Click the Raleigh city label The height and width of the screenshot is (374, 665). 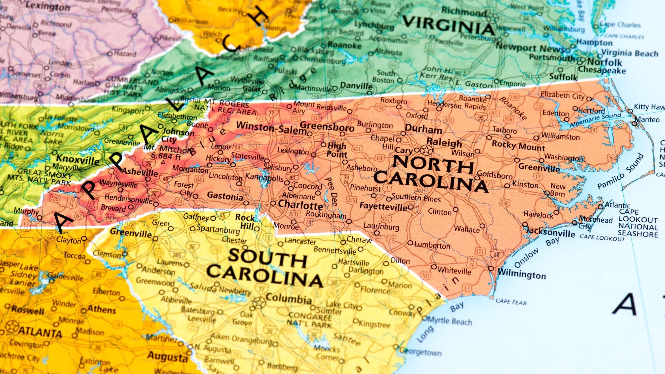pyautogui.click(x=444, y=143)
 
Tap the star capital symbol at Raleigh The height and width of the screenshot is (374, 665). pyautogui.click(x=426, y=150)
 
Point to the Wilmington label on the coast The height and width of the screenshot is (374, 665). pyautogui.click(x=522, y=274)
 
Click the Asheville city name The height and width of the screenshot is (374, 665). pyautogui.click(x=140, y=172)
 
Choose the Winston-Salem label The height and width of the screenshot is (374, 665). pyautogui.click(x=271, y=128)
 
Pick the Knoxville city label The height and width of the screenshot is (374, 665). pyautogui.click(x=78, y=160)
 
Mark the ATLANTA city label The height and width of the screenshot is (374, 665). pyautogui.click(x=40, y=332)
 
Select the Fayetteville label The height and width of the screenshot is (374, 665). pyautogui.click(x=383, y=207)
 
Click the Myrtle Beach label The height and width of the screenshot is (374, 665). pyautogui.click(x=449, y=321)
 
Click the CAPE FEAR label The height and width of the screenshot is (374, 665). pyautogui.click(x=511, y=302)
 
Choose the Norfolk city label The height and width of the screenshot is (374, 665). pyautogui.click(x=604, y=63)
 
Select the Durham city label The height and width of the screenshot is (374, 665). pyautogui.click(x=423, y=129)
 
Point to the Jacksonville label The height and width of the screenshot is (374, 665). pyautogui.click(x=551, y=232)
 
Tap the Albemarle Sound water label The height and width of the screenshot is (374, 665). pyautogui.click(x=595, y=120)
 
